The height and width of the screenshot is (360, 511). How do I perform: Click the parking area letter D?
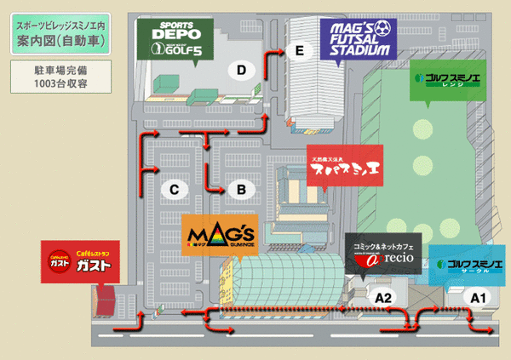tap(242, 69)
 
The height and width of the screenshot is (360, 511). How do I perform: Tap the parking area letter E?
tap(297, 51)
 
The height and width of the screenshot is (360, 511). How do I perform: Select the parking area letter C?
tap(173, 189)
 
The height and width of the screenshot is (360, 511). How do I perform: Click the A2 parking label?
tap(384, 297)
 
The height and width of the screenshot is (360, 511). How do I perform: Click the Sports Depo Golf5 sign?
tap(175, 40)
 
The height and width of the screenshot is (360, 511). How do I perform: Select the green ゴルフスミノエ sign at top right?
tap(445, 80)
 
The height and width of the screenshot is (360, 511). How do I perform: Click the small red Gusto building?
tap(106, 299)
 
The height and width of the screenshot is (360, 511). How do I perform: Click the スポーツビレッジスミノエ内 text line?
tap(55, 26)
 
